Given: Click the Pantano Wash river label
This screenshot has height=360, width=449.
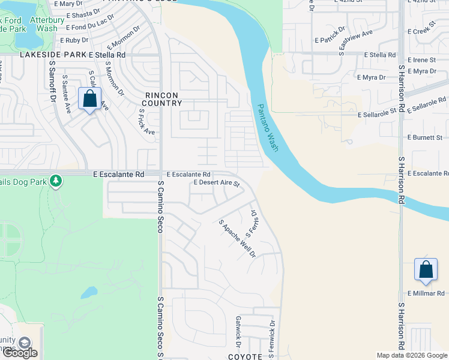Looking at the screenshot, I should tap(268, 127).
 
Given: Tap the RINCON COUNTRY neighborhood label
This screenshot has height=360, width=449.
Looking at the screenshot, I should tap(163, 99).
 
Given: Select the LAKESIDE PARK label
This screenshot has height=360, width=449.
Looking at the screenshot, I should tap(53, 55).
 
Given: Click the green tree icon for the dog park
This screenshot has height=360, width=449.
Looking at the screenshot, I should tap(56, 180).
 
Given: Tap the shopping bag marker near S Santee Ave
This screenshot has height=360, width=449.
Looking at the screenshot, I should tap(89, 99).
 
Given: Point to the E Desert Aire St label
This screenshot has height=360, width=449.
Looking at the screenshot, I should tap(216, 182).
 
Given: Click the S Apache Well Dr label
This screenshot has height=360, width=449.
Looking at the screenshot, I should tap(237, 238).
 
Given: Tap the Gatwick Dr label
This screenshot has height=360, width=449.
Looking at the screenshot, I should tap(238, 332).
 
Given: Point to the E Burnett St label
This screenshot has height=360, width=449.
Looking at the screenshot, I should tap(424, 137).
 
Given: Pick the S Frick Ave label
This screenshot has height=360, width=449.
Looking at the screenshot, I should tap(146, 122).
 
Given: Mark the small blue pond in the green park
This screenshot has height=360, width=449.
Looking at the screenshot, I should tap(88, 293).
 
